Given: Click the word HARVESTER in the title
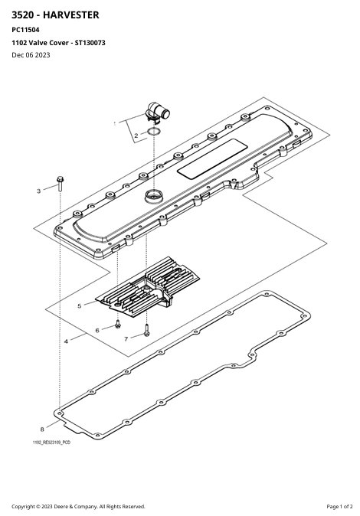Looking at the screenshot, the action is click(x=70, y=15).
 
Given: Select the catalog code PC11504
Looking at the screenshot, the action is click(x=25, y=30).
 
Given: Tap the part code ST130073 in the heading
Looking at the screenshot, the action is click(x=90, y=43).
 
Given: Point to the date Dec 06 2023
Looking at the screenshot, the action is click(x=31, y=55).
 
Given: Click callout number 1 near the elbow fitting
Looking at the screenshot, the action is click(x=115, y=124).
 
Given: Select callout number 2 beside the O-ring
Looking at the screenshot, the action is click(x=136, y=136).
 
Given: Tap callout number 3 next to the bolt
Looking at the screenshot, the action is click(x=38, y=191).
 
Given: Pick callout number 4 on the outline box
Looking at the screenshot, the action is click(x=66, y=341).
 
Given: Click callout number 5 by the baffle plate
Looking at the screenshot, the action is click(x=80, y=306).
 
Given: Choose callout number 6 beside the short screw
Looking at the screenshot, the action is click(x=97, y=331).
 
